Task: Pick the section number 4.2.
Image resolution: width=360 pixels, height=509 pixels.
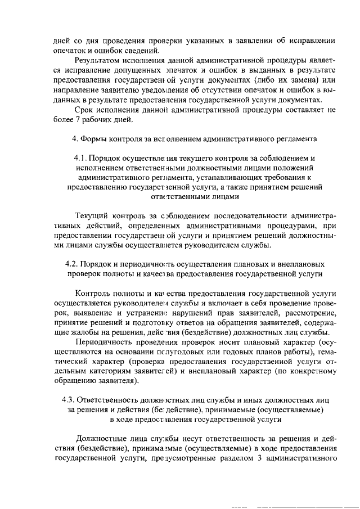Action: pyautogui.click(x=74, y=264)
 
